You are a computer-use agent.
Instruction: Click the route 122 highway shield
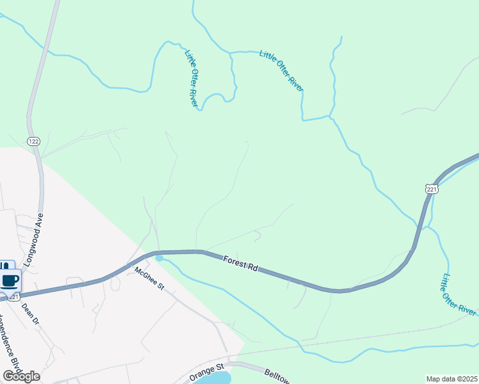34,141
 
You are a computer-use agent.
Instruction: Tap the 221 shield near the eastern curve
431,189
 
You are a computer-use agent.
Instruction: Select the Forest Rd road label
240,263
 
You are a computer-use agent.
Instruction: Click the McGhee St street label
150,279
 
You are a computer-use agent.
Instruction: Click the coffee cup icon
10,279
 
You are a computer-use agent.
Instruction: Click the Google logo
20,376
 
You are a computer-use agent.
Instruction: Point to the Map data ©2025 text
451,378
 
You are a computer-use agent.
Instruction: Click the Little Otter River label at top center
281,70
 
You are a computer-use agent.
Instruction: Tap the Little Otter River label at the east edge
459,294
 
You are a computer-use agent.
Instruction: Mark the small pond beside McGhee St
159,258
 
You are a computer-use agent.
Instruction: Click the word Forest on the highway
234,260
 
